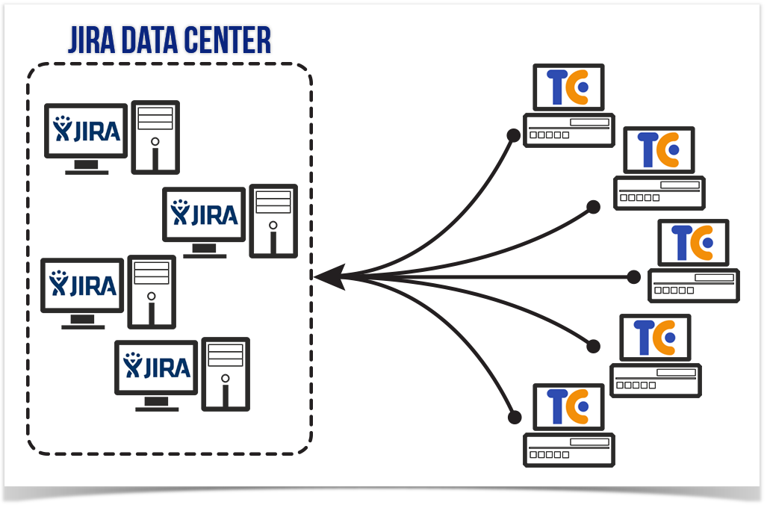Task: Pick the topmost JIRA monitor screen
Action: [86, 131]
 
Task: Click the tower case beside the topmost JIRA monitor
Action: [155, 137]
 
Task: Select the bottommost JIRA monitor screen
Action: [156, 368]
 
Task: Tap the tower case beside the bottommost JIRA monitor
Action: [226, 374]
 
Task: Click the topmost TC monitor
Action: [568, 87]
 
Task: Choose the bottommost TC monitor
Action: [568, 407]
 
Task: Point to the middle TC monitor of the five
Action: [693, 243]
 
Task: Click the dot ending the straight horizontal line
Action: [633, 277]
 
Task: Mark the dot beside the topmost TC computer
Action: [514, 136]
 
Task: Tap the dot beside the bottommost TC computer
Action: [514, 418]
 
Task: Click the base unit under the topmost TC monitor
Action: [568, 131]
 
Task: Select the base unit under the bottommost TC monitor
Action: [568, 450]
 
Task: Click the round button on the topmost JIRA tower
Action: [155, 142]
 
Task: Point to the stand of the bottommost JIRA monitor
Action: [157, 404]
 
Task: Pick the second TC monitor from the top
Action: [659, 150]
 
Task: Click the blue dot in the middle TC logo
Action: [707, 243]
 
